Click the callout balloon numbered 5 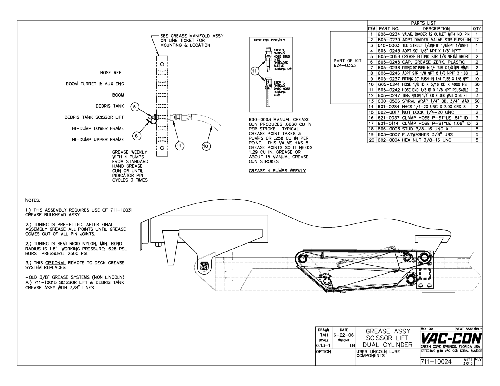(134, 107)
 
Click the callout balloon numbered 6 (136, 136)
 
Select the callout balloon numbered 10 (206, 146)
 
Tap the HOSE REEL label (112, 73)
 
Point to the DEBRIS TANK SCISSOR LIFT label (94, 117)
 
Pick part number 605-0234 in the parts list (389, 34)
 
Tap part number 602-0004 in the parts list (389, 140)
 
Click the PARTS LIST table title (423, 23)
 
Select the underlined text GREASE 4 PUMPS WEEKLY (277, 171)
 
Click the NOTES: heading (33, 200)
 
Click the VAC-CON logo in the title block (451, 338)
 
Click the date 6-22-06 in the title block (344, 335)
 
